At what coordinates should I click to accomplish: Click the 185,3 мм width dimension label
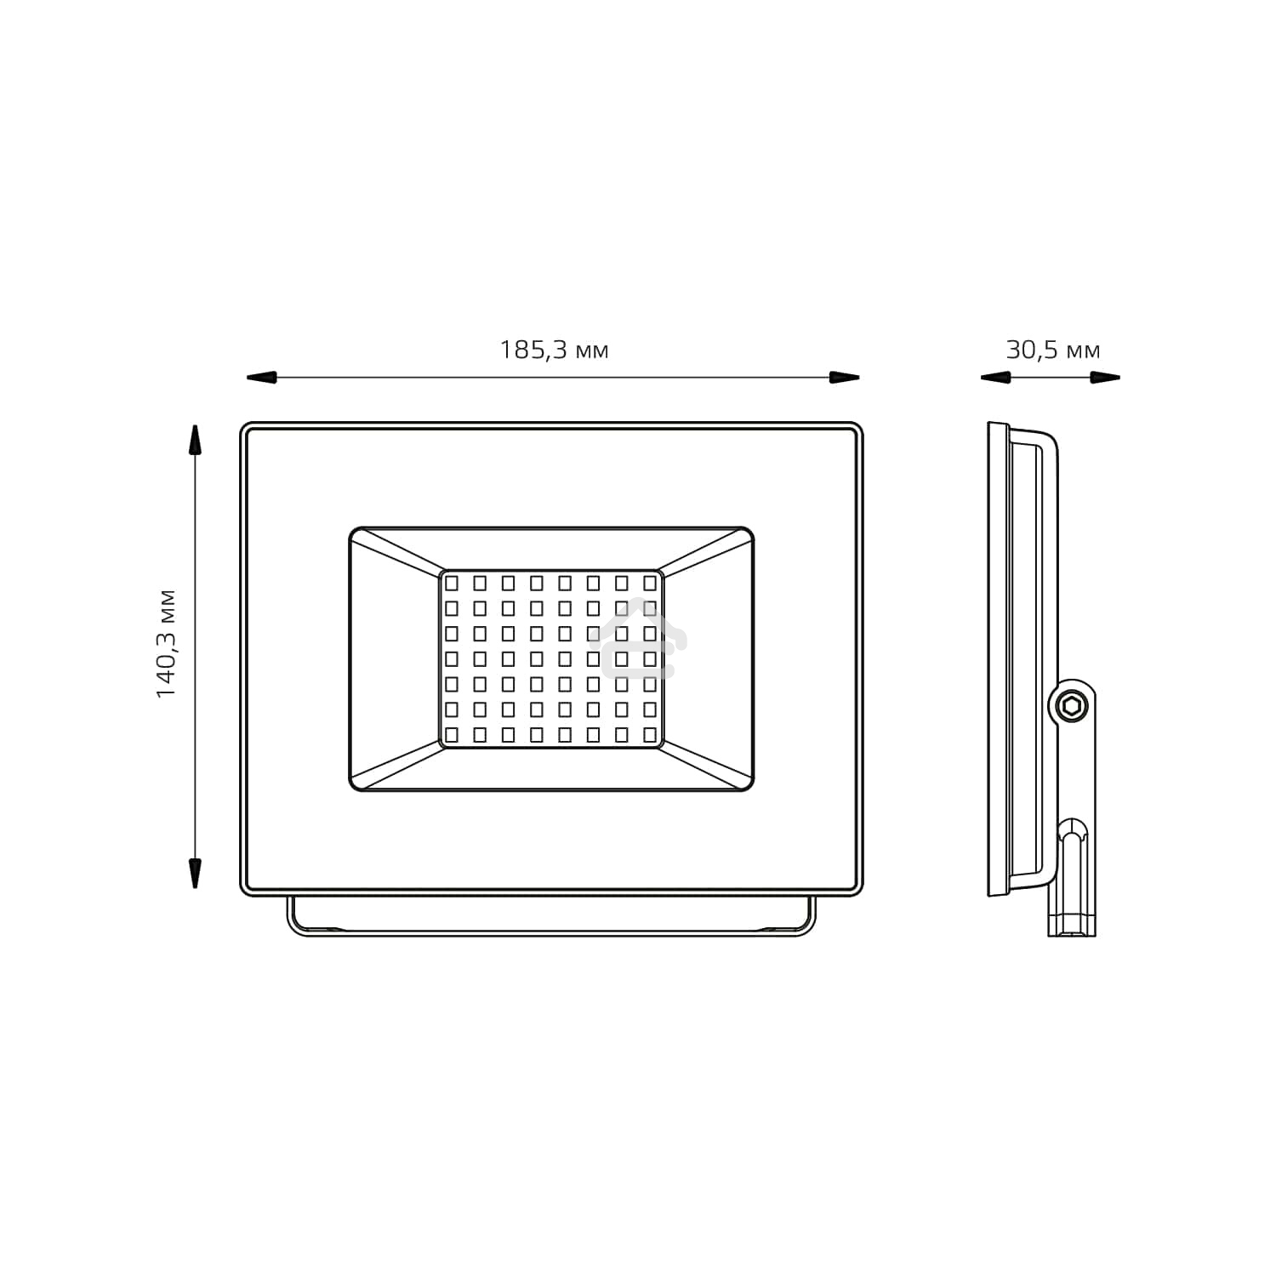coord(554,350)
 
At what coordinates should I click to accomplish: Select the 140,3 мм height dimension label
coord(166,643)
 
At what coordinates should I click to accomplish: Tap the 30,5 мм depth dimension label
coord(1052,350)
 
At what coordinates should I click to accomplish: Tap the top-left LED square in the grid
coord(452,583)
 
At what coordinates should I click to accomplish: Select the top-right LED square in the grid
coord(650,583)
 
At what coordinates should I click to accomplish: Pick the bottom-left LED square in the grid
coord(452,734)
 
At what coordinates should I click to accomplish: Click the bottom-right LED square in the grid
coord(650,734)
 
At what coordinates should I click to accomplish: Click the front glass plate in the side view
coord(993,659)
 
